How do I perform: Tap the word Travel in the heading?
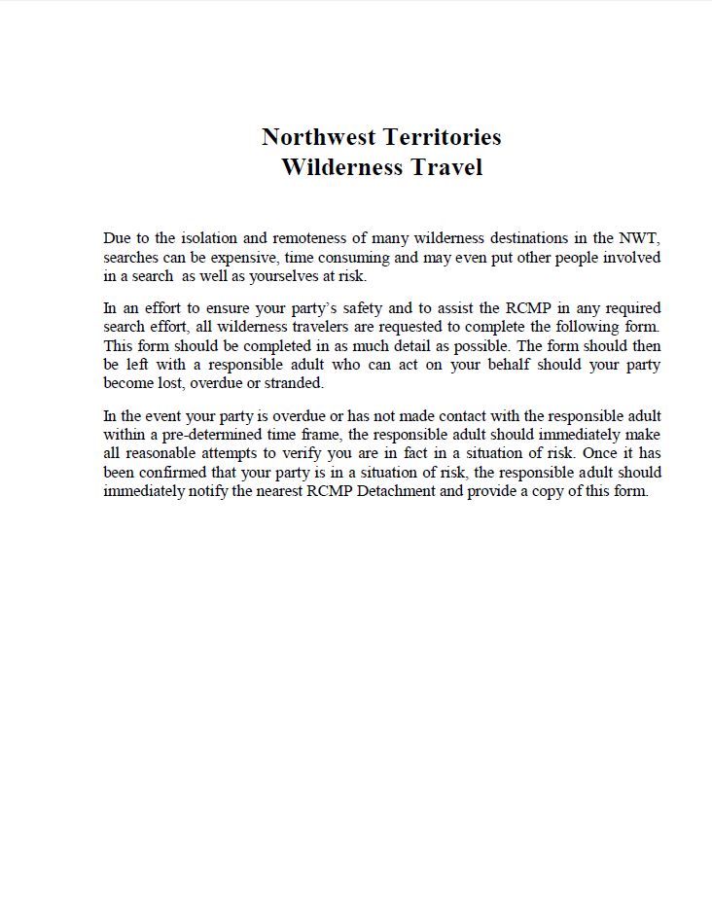coord(445,167)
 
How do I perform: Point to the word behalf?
coord(513,365)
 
